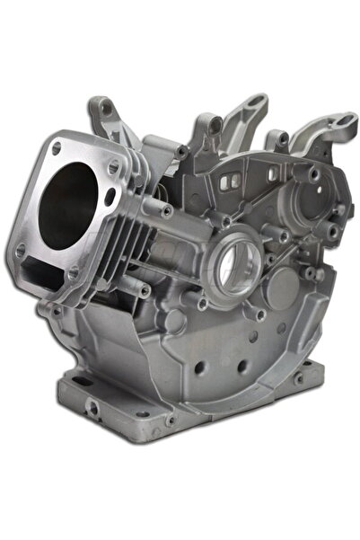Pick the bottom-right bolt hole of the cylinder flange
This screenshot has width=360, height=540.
[75, 272]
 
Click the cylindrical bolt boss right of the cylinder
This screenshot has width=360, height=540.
[167, 210]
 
